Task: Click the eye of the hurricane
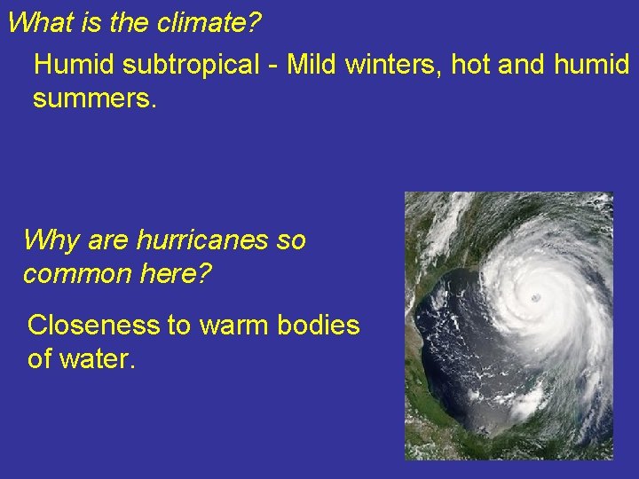tap(534, 296)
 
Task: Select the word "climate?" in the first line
tap(209, 22)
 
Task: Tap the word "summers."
tap(95, 99)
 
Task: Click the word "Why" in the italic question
tap(50, 240)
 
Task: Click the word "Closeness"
tap(93, 326)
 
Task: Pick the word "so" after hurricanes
tap(291, 240)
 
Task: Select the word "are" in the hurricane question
tap(106, 240)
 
